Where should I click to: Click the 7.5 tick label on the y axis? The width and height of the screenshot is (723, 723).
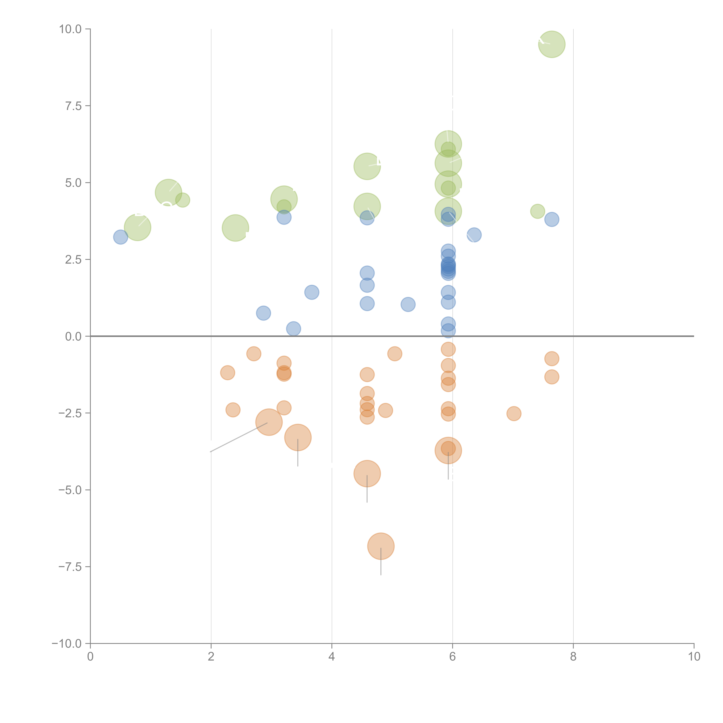tap(73, 106)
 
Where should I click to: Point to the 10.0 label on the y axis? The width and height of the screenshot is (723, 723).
tap(70, 29)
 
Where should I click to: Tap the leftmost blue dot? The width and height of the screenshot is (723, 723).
tap(120, 237)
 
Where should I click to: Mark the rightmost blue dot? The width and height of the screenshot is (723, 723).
tap(552, 219)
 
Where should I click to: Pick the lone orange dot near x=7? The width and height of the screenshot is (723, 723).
tap(514, 414)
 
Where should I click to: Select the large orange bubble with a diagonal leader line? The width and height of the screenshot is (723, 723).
tap(269, 422)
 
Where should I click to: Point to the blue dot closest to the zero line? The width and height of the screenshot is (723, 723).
tap(448, 331)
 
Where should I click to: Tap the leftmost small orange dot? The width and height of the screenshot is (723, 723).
tap(227, 373)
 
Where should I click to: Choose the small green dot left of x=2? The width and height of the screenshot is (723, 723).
tap(183, 200)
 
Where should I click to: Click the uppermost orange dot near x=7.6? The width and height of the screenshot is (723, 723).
tap(552, 359)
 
